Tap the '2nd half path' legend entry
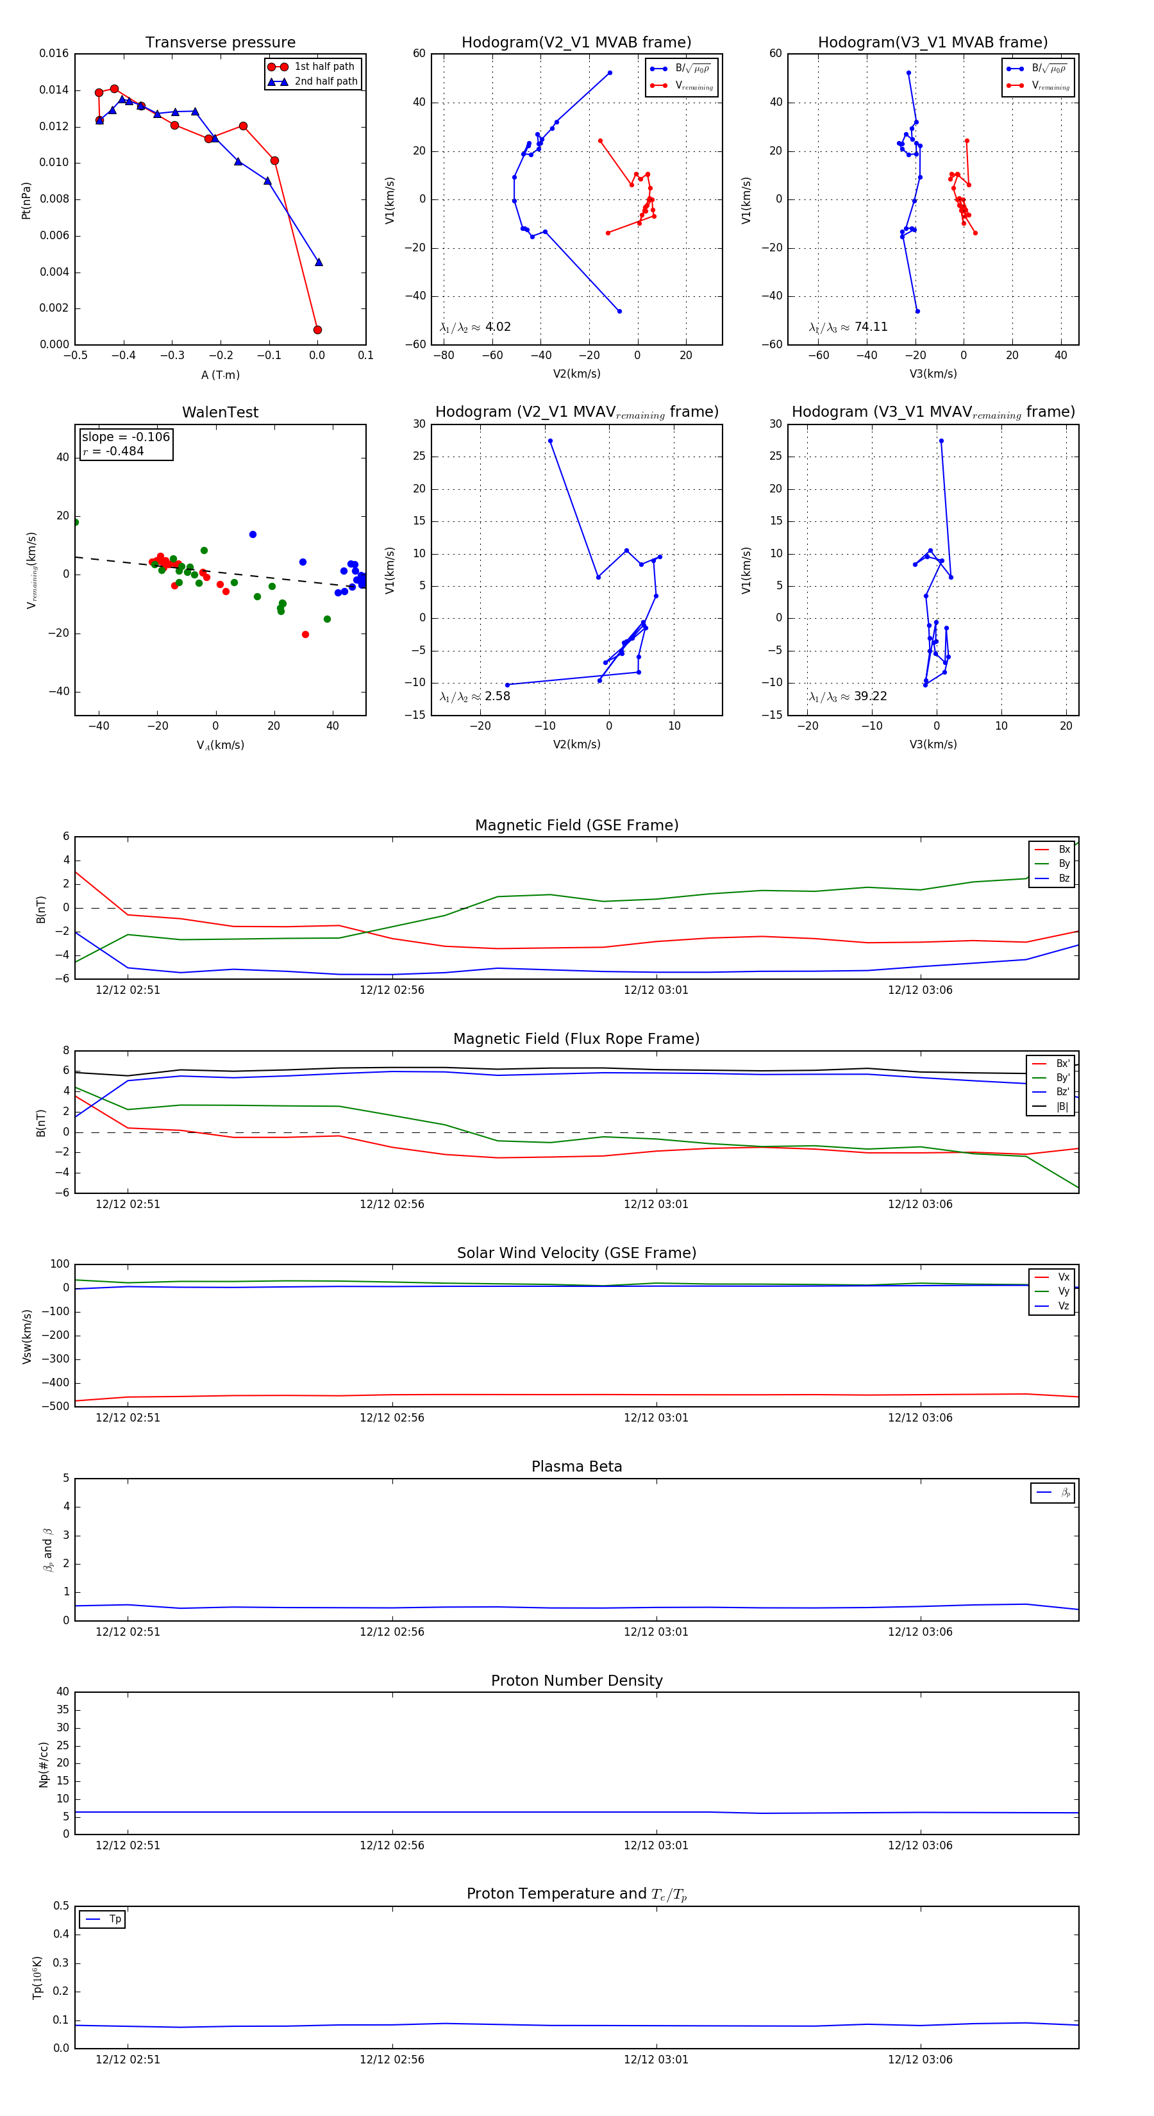pos(325,81)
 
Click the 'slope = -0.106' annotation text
pos(126,437)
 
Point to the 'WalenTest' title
pos(220,412)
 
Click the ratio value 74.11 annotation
pos(871,327)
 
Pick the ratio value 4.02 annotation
pos(498,327)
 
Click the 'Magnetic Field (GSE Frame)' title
pos(576,825)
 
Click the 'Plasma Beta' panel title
pos(576,1467)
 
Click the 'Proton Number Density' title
pos(576,1681)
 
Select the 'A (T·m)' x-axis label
pos(220,375)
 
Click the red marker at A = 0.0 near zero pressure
pos(317,330)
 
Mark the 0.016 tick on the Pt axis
pos(54,53)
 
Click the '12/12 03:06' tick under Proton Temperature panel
pos(920,2060)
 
